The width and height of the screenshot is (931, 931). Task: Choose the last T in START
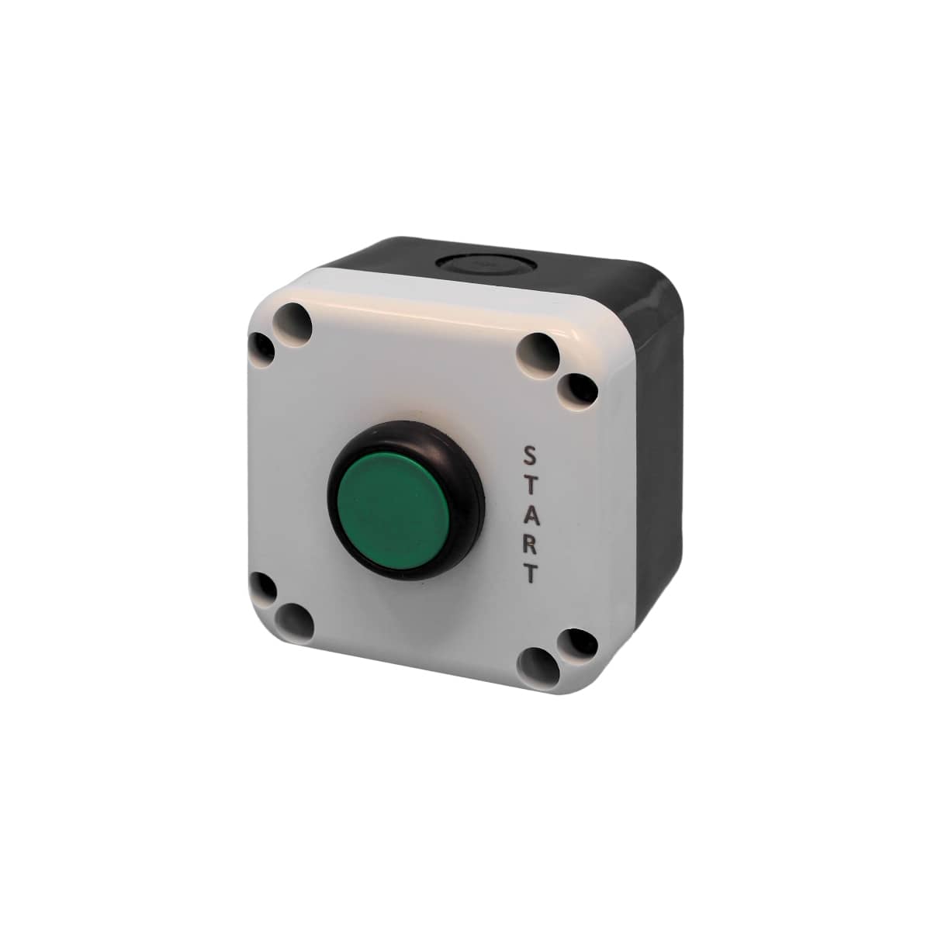coord(530,573)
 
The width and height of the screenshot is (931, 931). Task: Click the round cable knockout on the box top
coord(476,265)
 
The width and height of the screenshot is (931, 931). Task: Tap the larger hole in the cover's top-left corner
coord(294,320)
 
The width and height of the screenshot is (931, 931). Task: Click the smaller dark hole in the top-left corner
coord(263,348)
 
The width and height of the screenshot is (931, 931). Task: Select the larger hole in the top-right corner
coord(540,352)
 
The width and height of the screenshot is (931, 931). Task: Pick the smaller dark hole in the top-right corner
coord(579,388)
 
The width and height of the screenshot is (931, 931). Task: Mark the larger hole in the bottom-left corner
coord(295,620)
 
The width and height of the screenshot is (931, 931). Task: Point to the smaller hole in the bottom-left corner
coord(264,589)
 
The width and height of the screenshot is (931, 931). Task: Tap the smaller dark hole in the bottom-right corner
coord(578,642)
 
